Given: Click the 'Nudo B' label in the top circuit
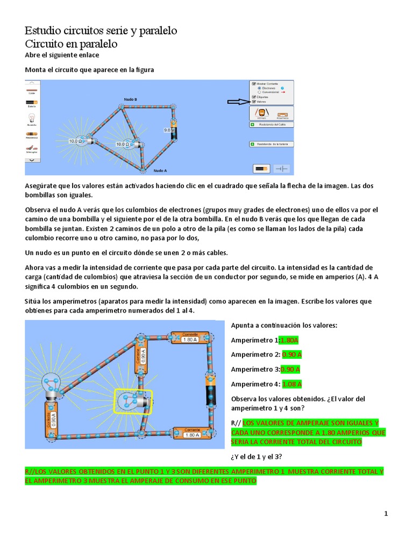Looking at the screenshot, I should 131,99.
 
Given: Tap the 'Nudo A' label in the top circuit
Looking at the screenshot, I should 160,170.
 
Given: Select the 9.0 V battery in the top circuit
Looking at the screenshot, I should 173,131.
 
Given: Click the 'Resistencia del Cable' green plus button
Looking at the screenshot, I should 252,124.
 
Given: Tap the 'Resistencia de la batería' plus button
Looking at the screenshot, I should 252,144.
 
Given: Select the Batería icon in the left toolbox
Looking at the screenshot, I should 32,102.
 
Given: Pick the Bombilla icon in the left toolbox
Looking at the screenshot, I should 32,118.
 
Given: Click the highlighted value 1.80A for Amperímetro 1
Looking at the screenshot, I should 289,340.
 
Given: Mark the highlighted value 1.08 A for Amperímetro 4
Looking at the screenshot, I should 292,383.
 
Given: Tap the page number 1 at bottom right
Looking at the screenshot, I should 386,514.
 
